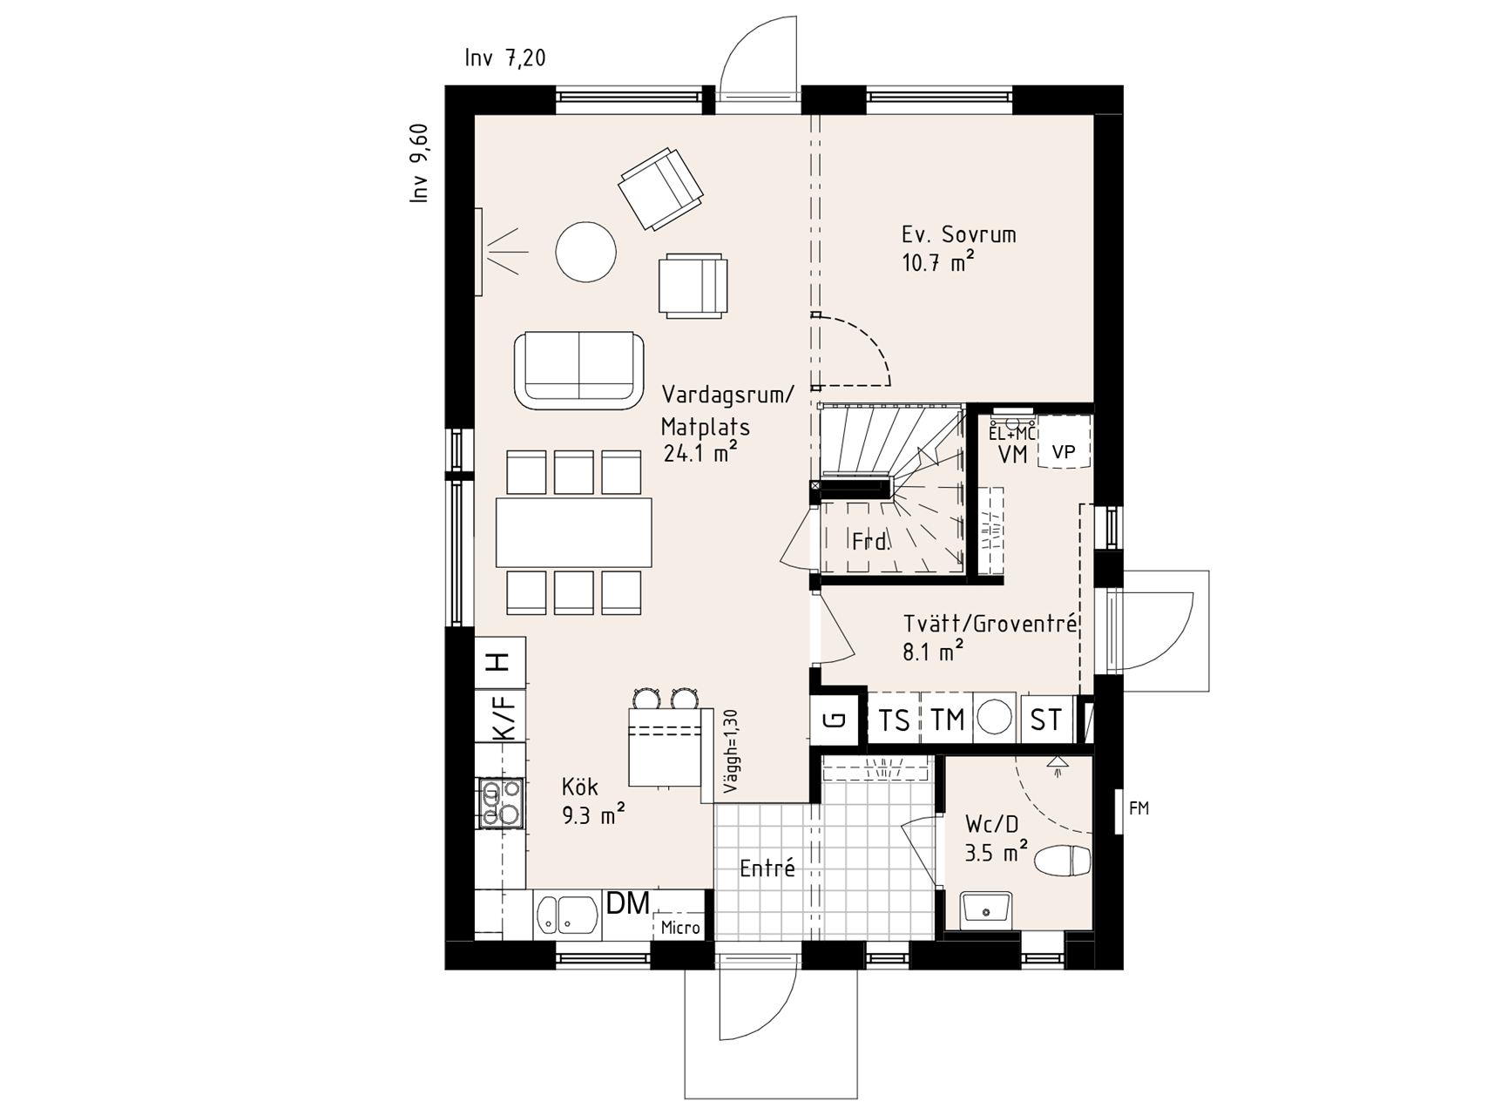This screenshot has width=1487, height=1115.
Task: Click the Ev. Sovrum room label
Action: (958, 234)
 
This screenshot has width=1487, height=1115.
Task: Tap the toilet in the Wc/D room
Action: (1064, 862)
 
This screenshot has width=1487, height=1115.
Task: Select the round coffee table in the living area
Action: (586, 252)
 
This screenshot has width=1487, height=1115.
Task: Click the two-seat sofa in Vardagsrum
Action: (579, 370)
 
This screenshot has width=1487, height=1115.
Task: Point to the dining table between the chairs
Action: (573, 531)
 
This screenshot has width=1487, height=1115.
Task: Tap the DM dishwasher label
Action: (628, 904)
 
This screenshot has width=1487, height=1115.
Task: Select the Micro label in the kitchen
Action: (680, 928)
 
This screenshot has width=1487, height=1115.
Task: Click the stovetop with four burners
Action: (499, 801)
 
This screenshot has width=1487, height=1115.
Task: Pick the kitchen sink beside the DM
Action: (567, 915)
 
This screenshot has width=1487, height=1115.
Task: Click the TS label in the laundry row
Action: (894, 720)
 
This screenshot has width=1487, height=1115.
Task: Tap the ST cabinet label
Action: (1045, 720)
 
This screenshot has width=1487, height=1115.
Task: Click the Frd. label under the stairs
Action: (871, 542)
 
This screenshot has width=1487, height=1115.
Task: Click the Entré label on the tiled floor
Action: (767, 868)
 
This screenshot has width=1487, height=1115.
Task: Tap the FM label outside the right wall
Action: (1139, 808)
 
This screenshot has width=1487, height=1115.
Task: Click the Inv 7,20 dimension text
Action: (505, 58)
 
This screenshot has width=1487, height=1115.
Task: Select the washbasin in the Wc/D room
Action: (986, 911)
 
